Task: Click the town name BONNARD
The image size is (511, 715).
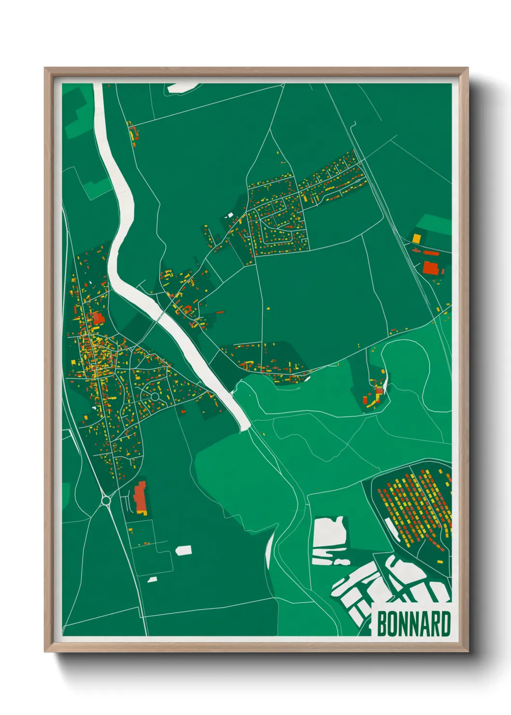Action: pyautogui.click(x=413, y=624)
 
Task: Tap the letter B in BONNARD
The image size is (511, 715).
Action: pyautogui.click(x=382, y=624)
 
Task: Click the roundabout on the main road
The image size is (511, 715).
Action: pyautogui.click(x=105, y=500)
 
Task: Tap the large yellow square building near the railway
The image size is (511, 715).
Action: pyautogui.click(x=416, y=238)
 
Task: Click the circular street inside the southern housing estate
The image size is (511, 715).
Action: pyautogui.click(x=155, y=397)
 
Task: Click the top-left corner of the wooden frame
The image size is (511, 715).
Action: pyautogui.click(x=45, y=69)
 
